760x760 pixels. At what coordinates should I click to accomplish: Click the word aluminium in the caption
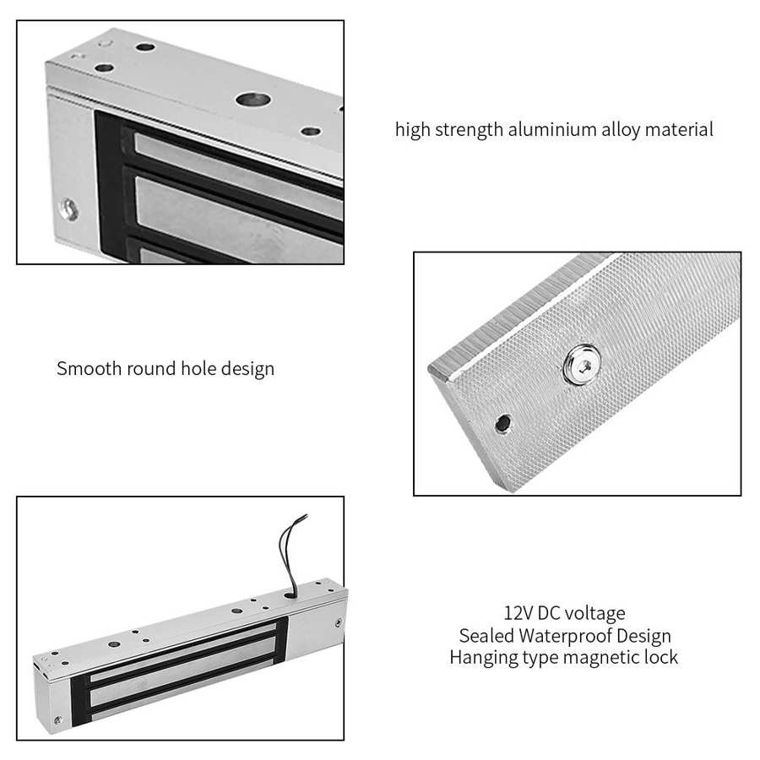coord(543,130)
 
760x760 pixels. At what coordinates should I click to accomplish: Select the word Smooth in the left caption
coord(88,369)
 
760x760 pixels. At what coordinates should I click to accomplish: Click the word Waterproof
coord(560,635)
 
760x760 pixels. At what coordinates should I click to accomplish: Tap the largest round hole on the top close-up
coord(249,100)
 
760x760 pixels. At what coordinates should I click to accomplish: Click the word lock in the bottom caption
coord(661,657)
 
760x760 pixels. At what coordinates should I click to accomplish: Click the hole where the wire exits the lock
coord(290,594)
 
